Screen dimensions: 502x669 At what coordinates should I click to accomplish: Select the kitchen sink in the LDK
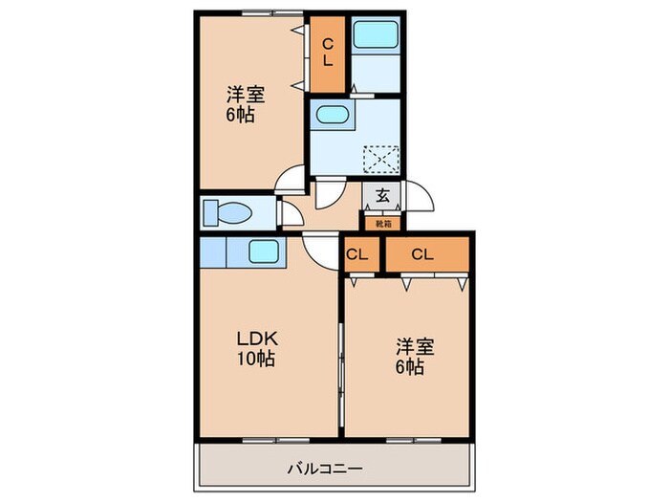[263, 252]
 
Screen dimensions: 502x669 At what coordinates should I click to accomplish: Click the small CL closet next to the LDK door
[357, 254]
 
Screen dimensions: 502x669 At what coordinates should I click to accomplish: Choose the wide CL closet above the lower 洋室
[425, 254]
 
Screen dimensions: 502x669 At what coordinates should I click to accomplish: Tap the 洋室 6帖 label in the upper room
[245, 103]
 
